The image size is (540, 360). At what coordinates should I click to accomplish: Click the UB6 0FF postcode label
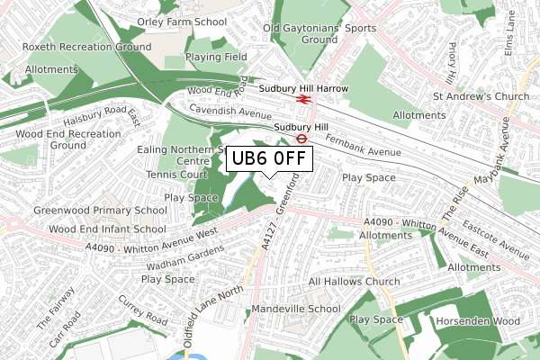tap(269, 159)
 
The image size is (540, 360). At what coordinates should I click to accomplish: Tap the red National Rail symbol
tap(304, 99)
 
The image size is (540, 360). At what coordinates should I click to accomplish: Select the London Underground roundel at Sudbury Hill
tap(302, 139)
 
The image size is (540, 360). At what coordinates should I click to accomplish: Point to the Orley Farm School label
tap(182, 21)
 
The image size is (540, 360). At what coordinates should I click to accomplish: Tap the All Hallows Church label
tap(354, 282)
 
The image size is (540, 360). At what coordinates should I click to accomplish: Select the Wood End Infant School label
tap(107, 229)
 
